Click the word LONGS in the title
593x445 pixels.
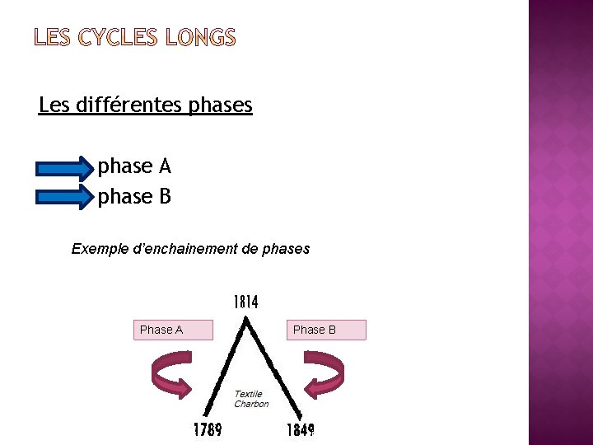point(200,38)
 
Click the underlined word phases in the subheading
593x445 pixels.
point(221,106)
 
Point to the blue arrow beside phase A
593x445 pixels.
point(65,168)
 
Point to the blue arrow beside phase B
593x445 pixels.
point(65,198)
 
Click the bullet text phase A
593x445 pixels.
point(134,166)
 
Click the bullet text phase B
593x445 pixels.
point(134,197)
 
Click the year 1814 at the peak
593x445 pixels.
point(245,302)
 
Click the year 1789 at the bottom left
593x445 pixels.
point(208,430)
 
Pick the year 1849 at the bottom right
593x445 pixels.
point(301,430)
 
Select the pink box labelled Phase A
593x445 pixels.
point(173,330)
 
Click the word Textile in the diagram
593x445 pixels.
point(248,394)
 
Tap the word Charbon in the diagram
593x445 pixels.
point(251,404)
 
